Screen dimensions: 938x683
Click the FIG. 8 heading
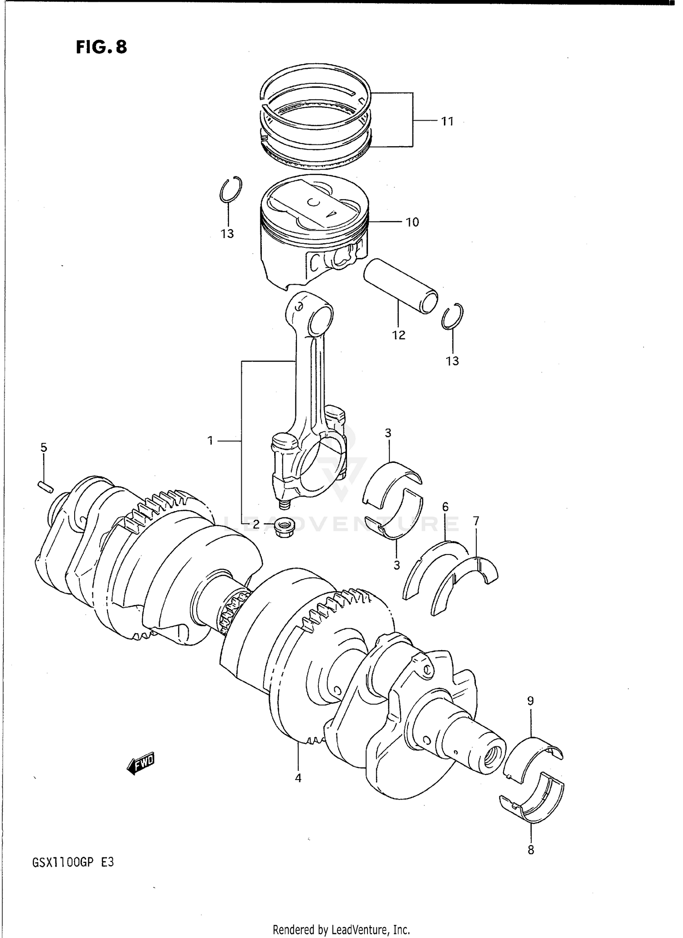(101, 47)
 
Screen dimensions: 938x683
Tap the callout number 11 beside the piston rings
(447, 122)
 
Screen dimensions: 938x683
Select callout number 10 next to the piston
(412, 222)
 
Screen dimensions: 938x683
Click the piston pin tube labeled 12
(400, 286)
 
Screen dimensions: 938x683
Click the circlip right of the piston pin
(453, 316)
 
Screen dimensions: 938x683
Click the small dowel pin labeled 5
(46, 487)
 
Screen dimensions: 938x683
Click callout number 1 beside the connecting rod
(210, 441)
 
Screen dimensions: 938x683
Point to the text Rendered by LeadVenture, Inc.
(341, 929)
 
